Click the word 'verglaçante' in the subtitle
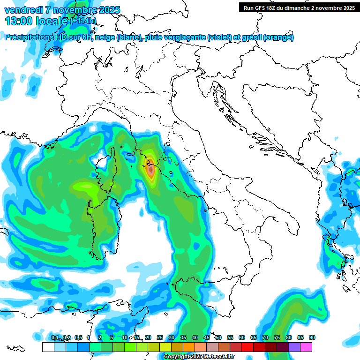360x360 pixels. (181, 37)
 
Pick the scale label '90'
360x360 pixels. (312, 337)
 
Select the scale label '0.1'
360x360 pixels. (55, 337)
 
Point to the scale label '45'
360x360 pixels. (207, 337)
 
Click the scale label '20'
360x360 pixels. (148, 337)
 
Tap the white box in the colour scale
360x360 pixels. (48, 347)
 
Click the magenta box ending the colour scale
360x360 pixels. (306, 347)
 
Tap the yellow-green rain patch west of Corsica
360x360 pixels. (84, 187)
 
